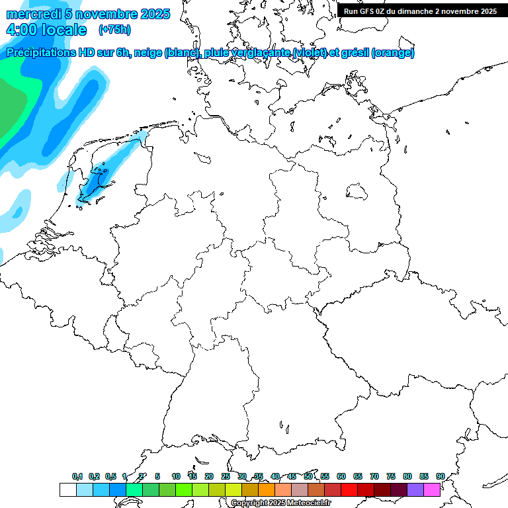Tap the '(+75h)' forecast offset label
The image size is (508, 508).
click(114, 29)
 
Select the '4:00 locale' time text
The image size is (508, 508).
click(46, 30)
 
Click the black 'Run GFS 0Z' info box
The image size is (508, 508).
click(420, 11)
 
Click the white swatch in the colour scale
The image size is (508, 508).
click(67, 489)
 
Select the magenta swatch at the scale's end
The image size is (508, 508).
click(432, 489)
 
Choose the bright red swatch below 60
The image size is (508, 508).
click(349, 489)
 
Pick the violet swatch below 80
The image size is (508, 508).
click(415, 489)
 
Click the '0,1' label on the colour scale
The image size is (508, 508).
click(77, 476)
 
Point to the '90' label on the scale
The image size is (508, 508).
click(441, 476)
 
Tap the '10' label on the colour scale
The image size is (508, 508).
click(176, 476)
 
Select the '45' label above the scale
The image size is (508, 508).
click(292, 476)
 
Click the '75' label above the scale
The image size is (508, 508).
click(391, 476)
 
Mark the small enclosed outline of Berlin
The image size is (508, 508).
click(357, 192)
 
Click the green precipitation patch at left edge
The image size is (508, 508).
click(9, 106)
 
